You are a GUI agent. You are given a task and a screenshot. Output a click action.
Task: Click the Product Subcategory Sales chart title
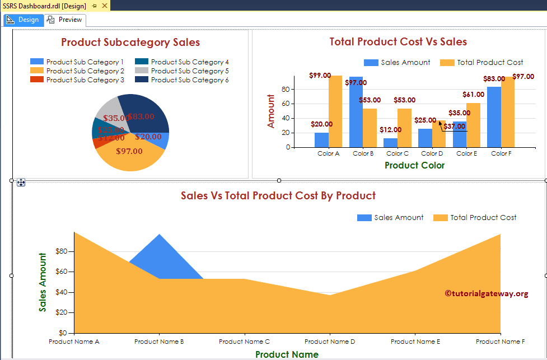point(130,43)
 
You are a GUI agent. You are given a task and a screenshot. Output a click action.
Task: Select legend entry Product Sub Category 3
point(85,80)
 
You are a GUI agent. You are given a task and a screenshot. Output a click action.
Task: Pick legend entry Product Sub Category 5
point(189,71)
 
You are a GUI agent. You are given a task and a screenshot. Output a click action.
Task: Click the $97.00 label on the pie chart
point(129,151)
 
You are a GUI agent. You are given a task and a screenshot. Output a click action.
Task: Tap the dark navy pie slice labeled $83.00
point(147,112)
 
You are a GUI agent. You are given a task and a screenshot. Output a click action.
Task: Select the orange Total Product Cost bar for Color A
point(335,112)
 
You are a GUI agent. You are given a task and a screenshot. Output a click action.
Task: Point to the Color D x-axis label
point(432,153)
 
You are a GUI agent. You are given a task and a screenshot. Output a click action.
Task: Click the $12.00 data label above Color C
point(391,130)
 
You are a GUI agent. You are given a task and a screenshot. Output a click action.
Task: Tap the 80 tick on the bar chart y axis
point(286,89)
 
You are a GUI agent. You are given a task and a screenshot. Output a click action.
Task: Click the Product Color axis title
point(414,165)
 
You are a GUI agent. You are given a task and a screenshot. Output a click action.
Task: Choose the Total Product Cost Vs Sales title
point(398,42)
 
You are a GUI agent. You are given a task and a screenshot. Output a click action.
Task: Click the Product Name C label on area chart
point(244,342)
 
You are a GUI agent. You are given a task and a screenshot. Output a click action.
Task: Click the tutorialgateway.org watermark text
point(486,293)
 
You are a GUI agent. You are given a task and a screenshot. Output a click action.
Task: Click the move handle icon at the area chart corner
point(21,182)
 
